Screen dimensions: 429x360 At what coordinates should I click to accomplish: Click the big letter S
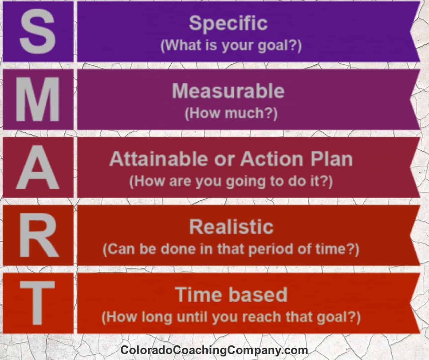pyautogui.click(x=38, y=31)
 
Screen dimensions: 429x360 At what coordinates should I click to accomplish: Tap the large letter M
pyautogui.click(x=38, y=99)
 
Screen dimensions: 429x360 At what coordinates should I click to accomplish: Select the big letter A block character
pyautogui.click(x=38, y=167)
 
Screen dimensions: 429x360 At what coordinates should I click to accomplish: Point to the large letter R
pyautogui.click(x=39, y=235)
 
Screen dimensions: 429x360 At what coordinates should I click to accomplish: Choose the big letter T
pyautogui.click(x=38, y=303)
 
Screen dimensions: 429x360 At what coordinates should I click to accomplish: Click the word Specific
pyautogui.click(x=228, y=24)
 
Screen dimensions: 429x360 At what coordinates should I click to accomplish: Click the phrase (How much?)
pyautogui.click(x=231, y=113)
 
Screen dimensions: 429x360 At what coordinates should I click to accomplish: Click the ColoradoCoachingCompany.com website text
pyautogui.click(x=214, y=350)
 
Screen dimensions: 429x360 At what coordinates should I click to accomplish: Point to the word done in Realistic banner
pyautogui.click(x=178, y=249)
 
